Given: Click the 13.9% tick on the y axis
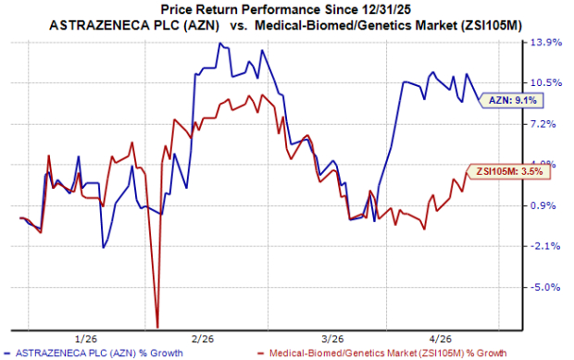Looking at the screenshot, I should pos(546,43).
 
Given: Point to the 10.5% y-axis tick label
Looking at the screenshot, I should pos(546,83).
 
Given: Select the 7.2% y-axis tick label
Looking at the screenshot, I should pos(546,124).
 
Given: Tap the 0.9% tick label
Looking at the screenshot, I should pos(546,205).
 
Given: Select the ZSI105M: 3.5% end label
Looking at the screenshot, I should pos(501,170).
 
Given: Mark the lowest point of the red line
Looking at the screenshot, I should pos(157,326).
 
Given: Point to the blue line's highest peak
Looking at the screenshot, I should pos(219,43).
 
